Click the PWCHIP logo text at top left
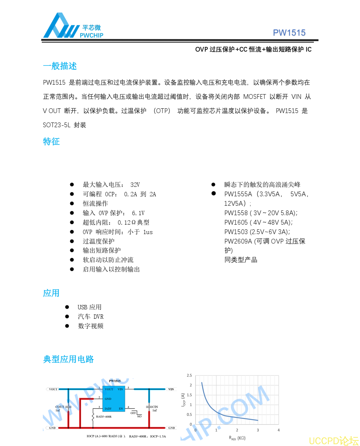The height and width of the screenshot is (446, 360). (91, 35)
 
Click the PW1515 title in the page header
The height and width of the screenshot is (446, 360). (289, 33)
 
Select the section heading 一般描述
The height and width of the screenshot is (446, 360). (60, 66)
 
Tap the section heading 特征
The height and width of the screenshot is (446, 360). (51, 141)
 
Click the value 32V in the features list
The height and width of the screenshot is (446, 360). (135, 185)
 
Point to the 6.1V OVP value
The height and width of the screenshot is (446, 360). (138, 213)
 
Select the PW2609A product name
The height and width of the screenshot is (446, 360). (238, 241)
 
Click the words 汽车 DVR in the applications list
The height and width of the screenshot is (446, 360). (90, 317)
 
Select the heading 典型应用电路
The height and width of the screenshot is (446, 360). (68, 359)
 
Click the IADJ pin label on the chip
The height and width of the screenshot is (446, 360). (108, 409)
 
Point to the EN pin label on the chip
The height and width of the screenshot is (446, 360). (121, 409)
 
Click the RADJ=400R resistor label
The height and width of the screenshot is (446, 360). (104, 417)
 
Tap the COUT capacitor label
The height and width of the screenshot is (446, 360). (60, 407)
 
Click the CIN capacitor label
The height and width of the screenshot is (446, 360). (155, 407)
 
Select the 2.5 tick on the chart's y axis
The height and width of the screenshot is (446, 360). (189, 375)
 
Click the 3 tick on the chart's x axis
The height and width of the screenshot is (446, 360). (258, 430)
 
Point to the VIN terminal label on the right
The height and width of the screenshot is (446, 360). (171, 389)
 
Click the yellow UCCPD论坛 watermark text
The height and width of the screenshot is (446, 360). (334, 441)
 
